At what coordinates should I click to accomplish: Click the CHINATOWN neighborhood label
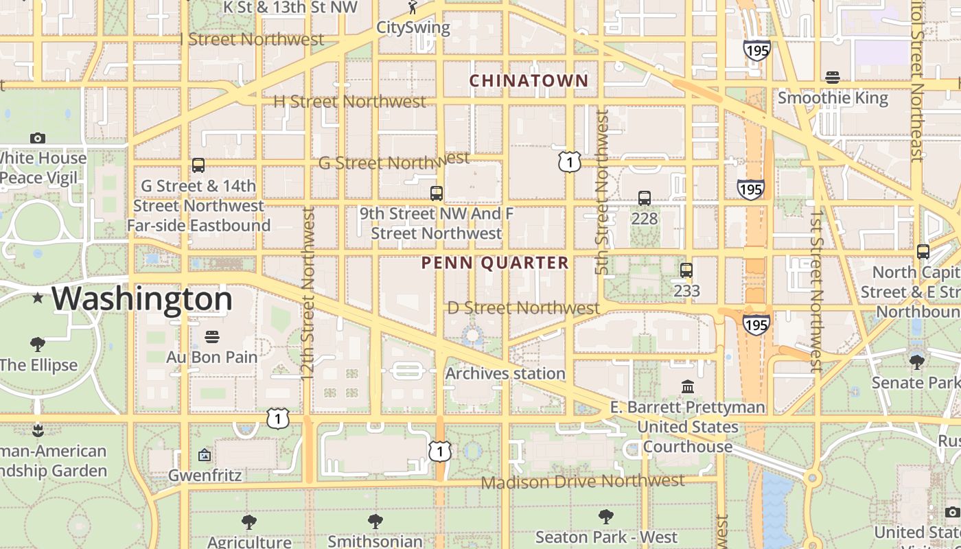[x=529, y=80]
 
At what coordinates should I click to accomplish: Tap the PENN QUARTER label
[x=495, y=263]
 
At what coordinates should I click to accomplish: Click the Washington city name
[x=142, y=299]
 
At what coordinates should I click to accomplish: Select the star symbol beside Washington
[x=38, y=298]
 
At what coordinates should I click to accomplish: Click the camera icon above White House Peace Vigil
[x=38, y=139]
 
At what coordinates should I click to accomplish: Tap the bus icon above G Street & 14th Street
[x=198, y=165]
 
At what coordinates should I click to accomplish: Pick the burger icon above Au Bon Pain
[x=212, y=337]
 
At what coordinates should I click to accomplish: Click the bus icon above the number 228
[x=644, y=198]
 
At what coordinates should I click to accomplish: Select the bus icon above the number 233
[x=686, y=270]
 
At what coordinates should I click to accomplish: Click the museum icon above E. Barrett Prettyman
[x=688, y=387]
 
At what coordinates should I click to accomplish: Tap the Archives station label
[x=505, y=373]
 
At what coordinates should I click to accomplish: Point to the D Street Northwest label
[x=523, y=307]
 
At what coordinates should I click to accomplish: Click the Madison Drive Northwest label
[x=582, y=481]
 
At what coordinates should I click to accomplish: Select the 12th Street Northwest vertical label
[x=308, y=294]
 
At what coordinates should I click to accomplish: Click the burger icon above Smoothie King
[x=833, y=78]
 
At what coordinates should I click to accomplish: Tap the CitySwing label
[x=413, y=28]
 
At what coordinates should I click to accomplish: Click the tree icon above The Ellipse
[x=38, y=344]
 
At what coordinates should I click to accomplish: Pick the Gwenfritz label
[x=205, y=475]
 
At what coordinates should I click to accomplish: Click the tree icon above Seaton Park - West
[x=605, y=517]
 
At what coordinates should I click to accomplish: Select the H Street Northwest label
[x=349, y=102]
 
